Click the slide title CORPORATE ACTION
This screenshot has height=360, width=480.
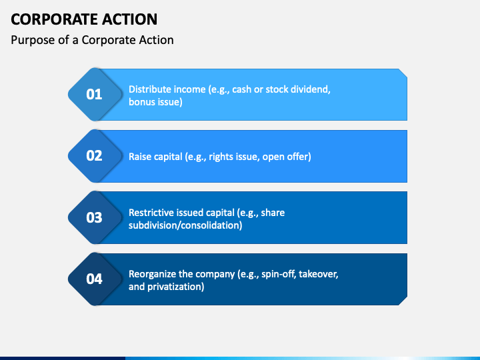(84, 19)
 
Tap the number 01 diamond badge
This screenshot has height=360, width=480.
(94, 94)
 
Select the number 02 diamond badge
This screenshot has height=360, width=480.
(94, 156)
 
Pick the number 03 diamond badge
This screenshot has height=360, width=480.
(94, 217)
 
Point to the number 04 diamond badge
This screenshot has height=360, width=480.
(94, 279)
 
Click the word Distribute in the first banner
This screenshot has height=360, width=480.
(151, 89)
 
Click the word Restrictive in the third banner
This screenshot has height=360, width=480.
(153, 213)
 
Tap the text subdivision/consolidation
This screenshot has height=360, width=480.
(185, 225)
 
